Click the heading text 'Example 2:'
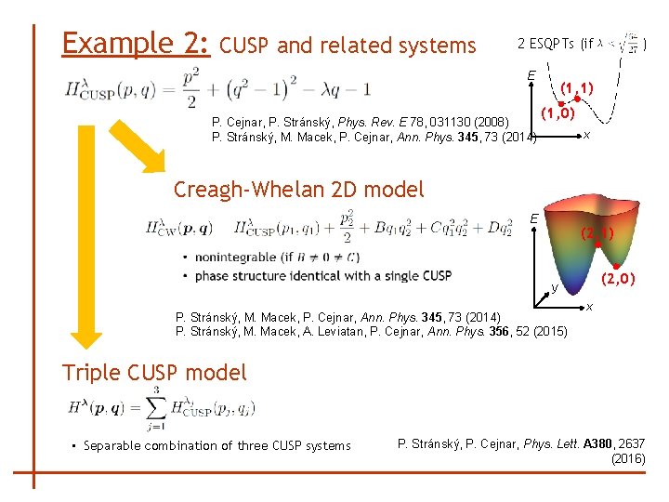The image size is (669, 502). (136, 43)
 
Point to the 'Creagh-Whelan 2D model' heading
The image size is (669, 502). (298, 190)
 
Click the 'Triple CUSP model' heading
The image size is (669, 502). (154, 373)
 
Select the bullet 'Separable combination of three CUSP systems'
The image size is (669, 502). (211, 445)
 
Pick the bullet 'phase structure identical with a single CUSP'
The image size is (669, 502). (321, 275)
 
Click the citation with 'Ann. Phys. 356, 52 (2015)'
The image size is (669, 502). (371, 331)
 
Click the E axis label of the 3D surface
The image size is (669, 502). (534, 218)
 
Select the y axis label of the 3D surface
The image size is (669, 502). (553, 288)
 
